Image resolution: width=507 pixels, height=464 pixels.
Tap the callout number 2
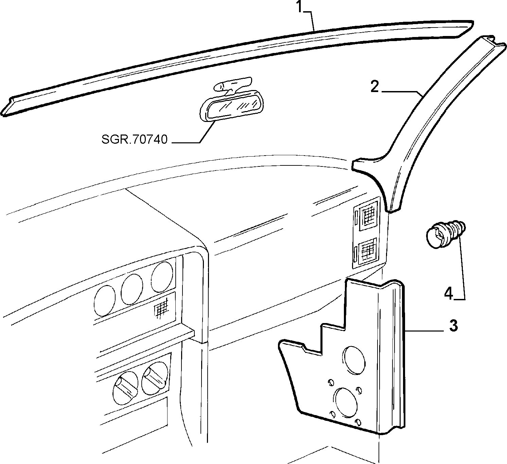click(x=375, y=87)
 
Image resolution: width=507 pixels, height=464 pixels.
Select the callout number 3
click(x=453, y=326)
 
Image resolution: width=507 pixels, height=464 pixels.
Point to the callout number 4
click(x=449, y=294)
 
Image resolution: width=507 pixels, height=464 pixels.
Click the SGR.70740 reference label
click(x=135, y=139)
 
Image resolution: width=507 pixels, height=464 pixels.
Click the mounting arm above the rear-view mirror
click(x=232, y=85)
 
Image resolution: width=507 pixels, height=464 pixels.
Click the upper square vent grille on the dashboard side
click(x=368, y=216)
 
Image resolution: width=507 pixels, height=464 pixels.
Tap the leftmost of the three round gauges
click(x=105, y=301)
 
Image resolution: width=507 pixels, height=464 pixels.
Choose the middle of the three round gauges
click(x=132, y=289)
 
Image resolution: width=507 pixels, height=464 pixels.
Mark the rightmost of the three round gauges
click(x=162, y=277)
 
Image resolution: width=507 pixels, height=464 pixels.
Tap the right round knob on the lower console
click(x=155, y=378)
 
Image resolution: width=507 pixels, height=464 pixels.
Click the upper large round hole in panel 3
click(x=354, y=360)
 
